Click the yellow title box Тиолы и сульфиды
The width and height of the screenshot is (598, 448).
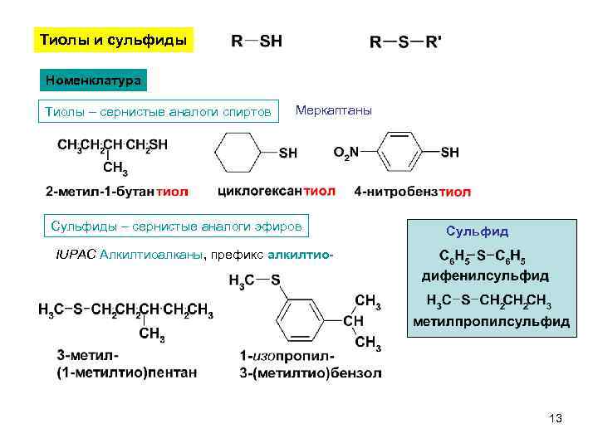114,41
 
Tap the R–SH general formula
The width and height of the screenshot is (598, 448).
256,41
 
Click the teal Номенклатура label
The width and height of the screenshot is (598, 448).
94,80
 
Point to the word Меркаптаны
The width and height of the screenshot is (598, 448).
334,110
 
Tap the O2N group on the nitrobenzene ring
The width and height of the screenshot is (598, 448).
346,152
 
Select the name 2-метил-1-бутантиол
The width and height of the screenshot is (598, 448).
116,192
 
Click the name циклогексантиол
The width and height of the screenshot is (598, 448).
276,191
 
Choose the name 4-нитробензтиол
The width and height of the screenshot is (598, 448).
412,192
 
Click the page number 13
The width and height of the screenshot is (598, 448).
556,419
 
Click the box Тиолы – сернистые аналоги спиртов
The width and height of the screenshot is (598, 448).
158,111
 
